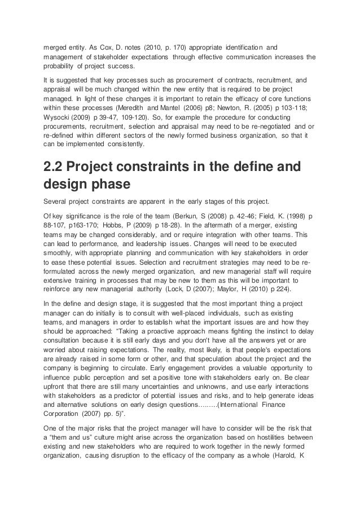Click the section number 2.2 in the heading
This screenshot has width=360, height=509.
pyautogui.click(x=57, y=169)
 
